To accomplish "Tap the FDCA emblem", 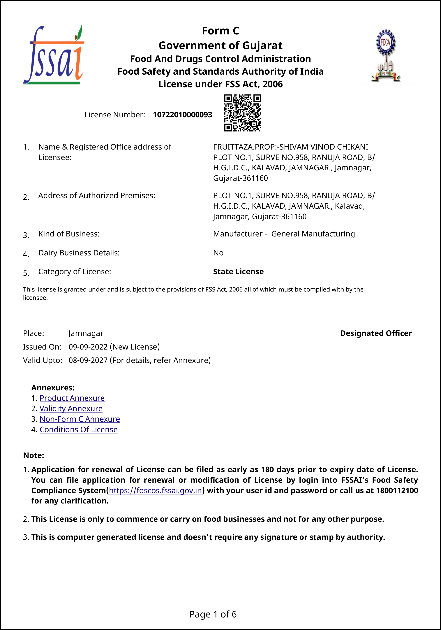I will tap(386, 56).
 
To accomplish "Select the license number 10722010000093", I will tap(182, 115).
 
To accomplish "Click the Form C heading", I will tap(221, 31).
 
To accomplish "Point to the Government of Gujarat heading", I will tap(221, 45).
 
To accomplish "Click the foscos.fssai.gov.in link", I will tap(156, 490).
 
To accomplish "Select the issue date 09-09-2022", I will tap(88, 347).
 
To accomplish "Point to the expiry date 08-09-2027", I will tap(88, 360).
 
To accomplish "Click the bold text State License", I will tap(238, 272).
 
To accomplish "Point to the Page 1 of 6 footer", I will tap(213, 614).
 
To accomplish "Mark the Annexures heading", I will tap(53, 388).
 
